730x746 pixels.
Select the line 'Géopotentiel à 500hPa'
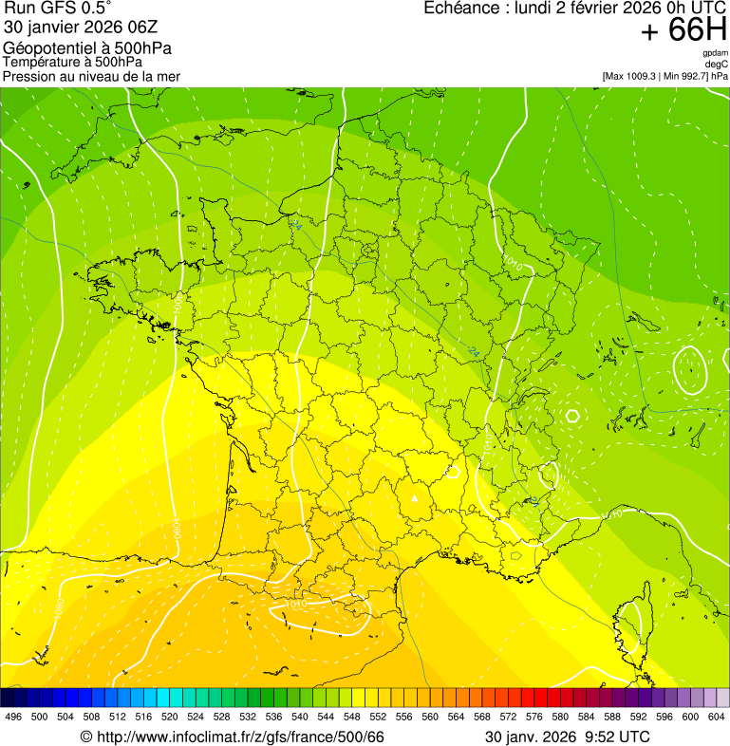88,48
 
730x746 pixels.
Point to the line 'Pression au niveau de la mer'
91,76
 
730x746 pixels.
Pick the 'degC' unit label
717,65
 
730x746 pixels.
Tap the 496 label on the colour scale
13,717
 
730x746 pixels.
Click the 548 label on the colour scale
351,717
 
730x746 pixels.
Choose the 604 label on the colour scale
716,717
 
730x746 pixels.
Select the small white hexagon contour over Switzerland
571,415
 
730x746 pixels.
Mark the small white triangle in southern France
415,496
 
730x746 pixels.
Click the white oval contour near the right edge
689,369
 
